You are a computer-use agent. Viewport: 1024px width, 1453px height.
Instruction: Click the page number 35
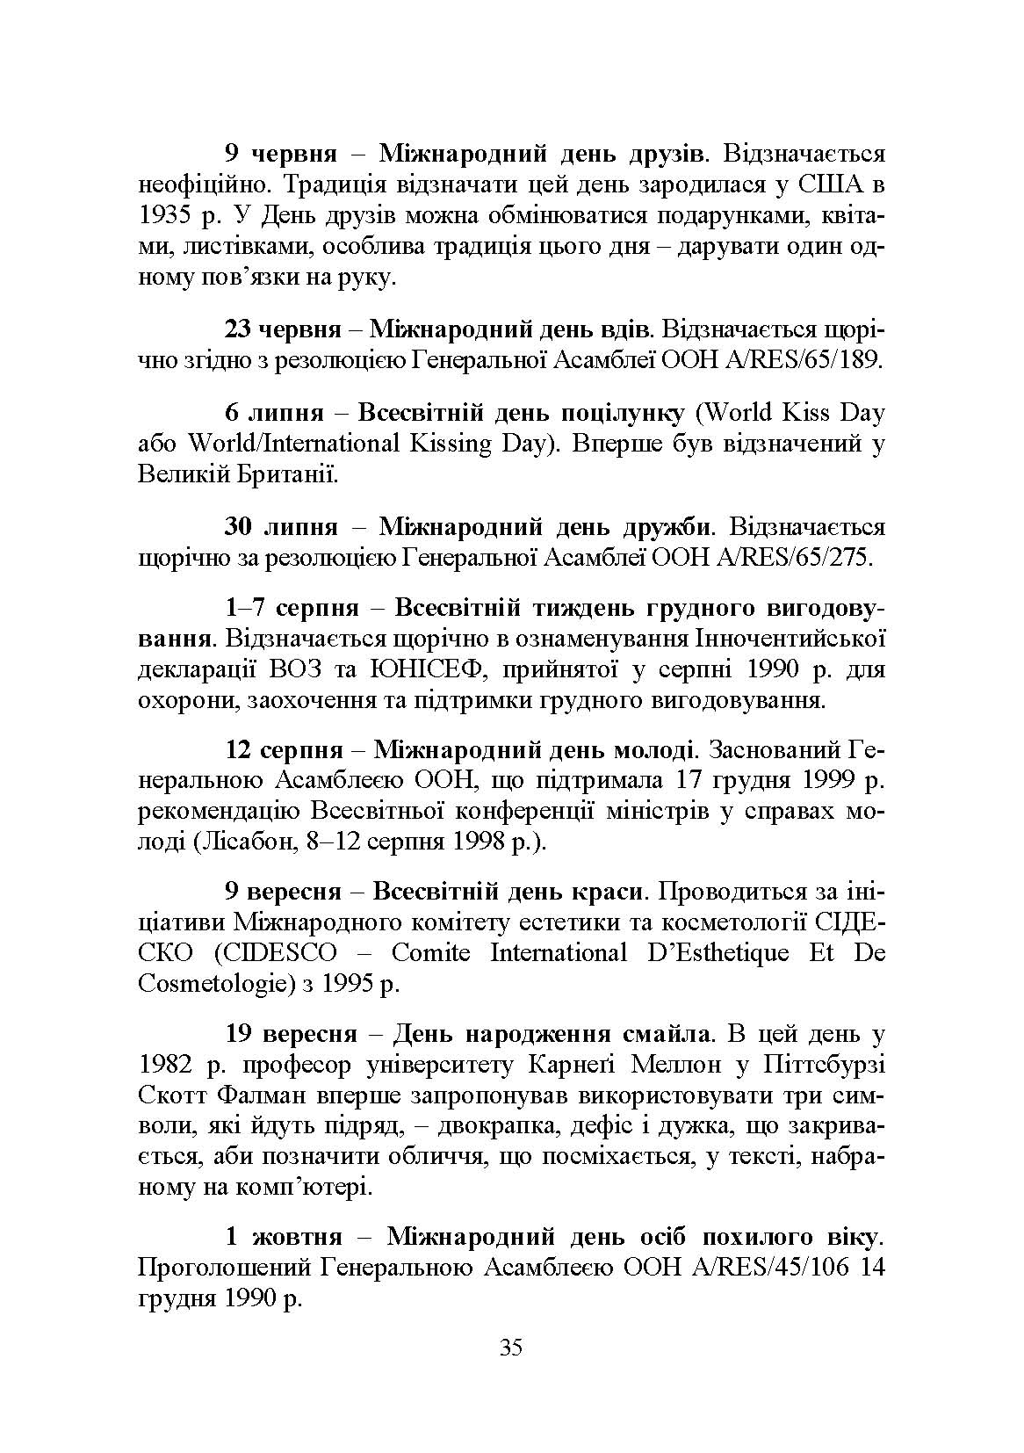(x=510, y=1371)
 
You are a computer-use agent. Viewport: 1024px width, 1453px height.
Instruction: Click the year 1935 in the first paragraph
(x=168, y=216)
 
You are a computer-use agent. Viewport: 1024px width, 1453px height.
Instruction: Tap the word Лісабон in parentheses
(x=243, y=842)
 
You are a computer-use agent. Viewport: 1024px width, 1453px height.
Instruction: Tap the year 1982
(x=168, y=1066)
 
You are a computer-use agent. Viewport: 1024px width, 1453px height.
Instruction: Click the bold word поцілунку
(x=619, y=412)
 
